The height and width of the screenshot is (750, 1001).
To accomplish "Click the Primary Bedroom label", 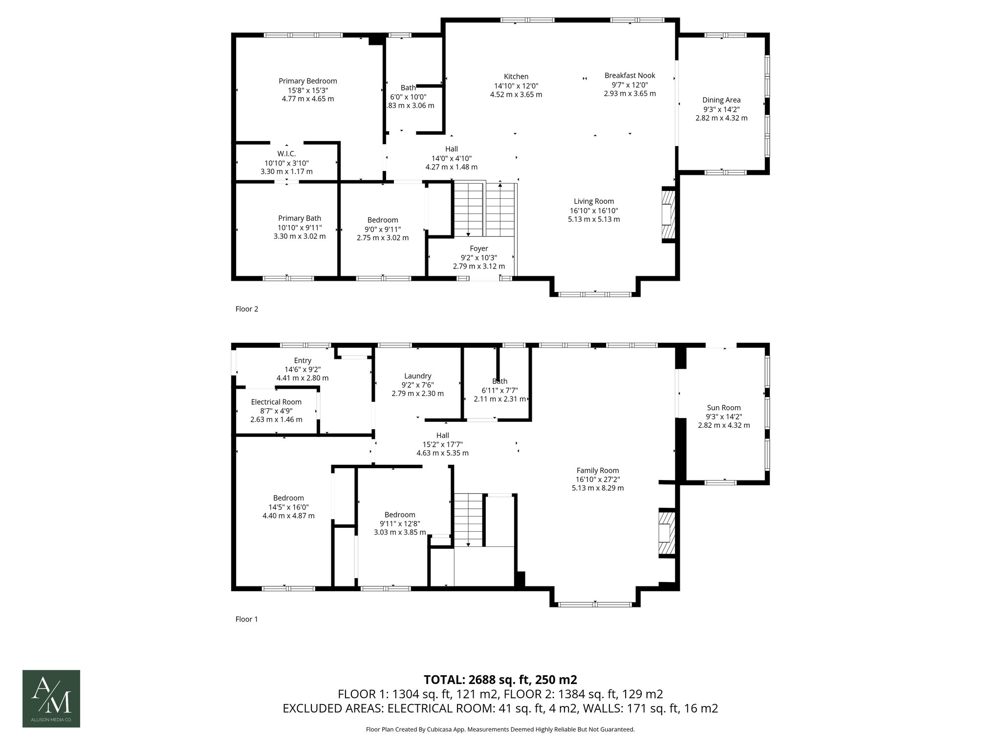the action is point(308,81).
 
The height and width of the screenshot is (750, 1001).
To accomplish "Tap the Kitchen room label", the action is point(516,76).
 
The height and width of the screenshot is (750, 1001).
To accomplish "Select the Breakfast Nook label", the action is point(630,75).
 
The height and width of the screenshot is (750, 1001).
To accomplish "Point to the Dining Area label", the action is point(721,100).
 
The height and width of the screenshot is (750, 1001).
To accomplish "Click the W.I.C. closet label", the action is point(286,154).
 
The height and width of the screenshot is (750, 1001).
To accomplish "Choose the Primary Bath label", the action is point(300,218).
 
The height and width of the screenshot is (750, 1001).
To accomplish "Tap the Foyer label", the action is point(479,249).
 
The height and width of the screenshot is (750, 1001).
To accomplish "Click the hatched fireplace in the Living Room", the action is point(668,214).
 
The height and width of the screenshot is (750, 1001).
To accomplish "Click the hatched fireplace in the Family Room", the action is point(666,533).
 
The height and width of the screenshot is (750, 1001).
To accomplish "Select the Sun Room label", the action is point(724,408).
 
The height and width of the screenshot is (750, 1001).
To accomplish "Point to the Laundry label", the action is point(418,376).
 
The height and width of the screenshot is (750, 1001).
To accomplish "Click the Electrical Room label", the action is point(276,402).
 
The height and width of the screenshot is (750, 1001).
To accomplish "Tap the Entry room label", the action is point(303,360).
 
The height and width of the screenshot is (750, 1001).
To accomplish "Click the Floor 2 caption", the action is point(247,309).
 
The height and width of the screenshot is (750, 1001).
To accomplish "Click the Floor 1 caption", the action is point(247,619).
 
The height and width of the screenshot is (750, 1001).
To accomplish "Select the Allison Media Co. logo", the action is point(51,699).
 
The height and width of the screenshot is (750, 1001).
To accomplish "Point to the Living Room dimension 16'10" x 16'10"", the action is point(594,210).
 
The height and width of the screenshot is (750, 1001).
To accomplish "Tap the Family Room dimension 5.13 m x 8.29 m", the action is point(598,488).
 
